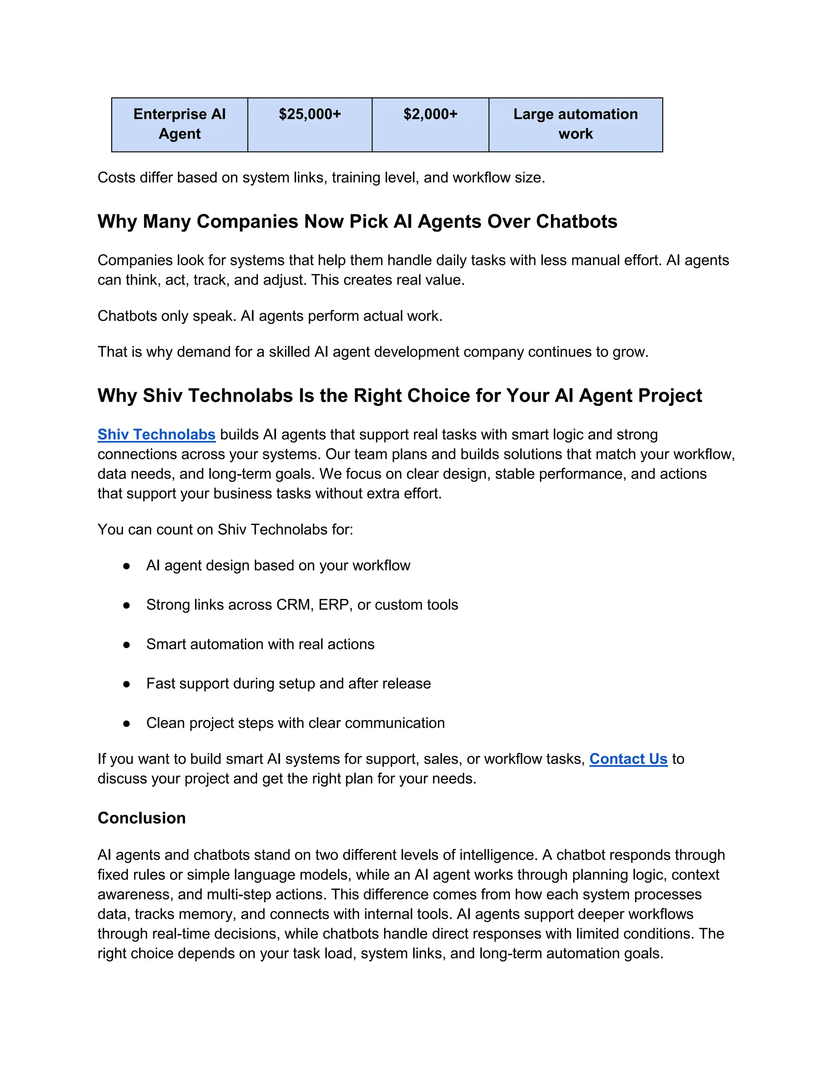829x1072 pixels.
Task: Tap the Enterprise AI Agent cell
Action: [x=179, y=124]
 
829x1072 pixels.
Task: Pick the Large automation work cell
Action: [x=575, y=124]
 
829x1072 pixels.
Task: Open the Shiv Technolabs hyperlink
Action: [x=156, y=434]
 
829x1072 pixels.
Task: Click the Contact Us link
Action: [x=628, y=759]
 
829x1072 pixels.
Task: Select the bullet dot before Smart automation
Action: [x=127, y=644]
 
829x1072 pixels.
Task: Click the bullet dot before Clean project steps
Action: [x=127, y=724]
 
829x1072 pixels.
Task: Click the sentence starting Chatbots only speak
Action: [x=270, y=316]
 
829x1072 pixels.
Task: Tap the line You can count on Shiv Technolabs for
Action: [x=225, y=529]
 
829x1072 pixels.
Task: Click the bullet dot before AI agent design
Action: [x=127, y=566]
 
